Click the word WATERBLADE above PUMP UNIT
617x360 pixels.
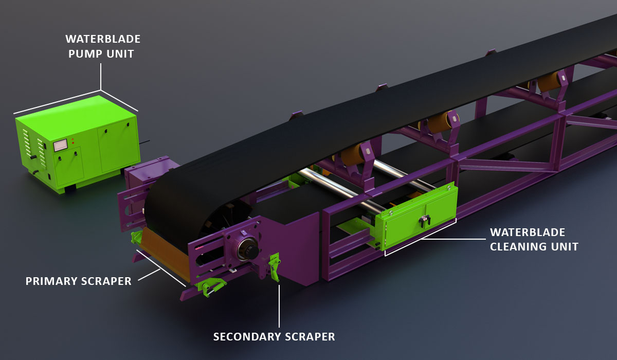click(x=103, y=39)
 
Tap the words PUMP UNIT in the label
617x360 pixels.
click(x=101, y=53)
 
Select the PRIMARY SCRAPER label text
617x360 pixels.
click(x=79, y=281)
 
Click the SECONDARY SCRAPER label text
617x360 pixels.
click(x=274, y=336)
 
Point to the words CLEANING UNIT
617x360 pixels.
click(x=534, y=246)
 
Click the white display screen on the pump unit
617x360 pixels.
click(x=60, y=146)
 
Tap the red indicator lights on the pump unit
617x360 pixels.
click(x=72, y=141)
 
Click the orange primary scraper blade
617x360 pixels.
click(x=165, y=252)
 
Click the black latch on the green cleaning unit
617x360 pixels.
click(x=425, y=221)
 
